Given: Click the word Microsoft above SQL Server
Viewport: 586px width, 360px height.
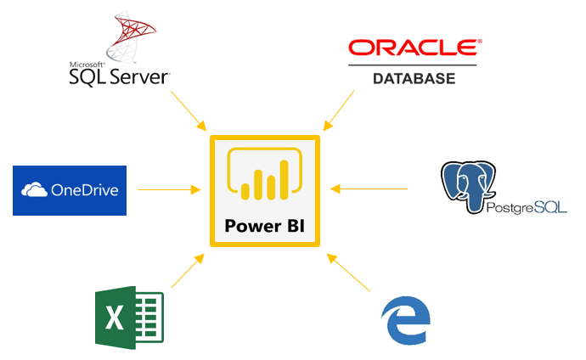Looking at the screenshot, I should [x=87, y=65].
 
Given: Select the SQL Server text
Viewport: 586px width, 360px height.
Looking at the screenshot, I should [x=119, y=78].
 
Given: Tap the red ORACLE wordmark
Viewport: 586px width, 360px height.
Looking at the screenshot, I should [x=413, y=48].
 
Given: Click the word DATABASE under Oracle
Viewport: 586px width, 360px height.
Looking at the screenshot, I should [x=414, y=78].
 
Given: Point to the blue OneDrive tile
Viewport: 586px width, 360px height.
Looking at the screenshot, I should [x=70, y=190].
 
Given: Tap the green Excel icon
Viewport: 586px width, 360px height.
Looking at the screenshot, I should [x=128, y=318].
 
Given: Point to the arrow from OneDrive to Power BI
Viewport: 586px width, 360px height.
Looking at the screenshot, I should [x=171, y=188].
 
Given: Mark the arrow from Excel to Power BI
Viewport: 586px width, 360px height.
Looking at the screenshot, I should [x=188, y=271].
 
